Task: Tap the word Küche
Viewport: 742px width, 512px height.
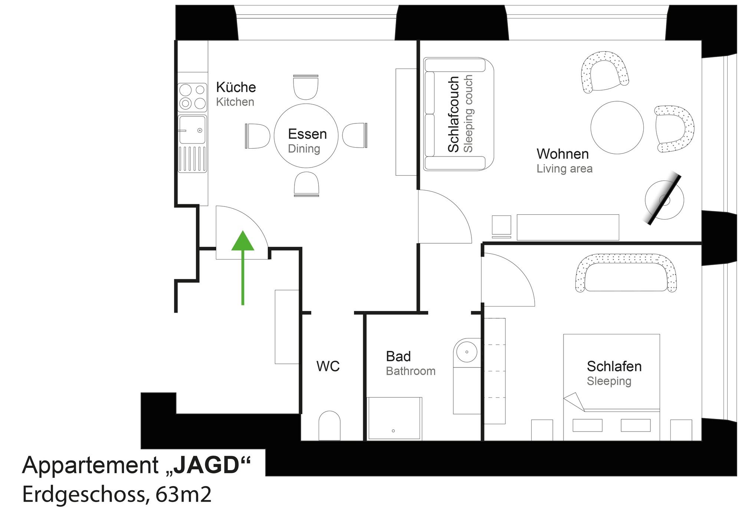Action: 236,87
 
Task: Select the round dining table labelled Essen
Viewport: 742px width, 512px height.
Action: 306,136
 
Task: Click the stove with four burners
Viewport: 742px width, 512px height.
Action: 193,97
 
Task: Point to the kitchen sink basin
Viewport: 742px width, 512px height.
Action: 192,130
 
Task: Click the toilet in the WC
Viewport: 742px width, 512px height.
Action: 329,425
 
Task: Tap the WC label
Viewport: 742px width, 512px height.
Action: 328,366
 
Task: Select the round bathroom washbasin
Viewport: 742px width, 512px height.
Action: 467,351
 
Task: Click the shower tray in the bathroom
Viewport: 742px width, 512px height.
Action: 394,419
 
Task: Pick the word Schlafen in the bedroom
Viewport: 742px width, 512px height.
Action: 614,366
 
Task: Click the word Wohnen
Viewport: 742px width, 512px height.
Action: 562,154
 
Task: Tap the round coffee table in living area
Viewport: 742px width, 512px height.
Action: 617,128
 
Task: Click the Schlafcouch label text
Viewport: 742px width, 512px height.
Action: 454,114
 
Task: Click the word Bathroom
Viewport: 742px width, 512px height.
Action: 411,371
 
